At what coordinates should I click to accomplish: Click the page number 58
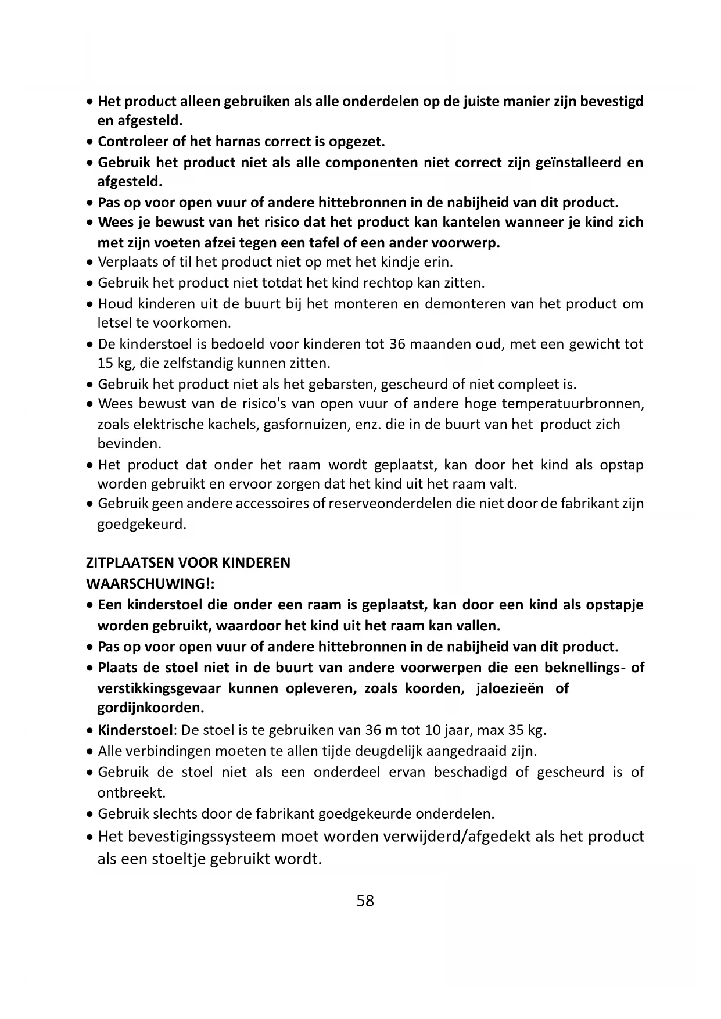pos(365,900)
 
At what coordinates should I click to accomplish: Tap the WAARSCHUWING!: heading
pos(150,583)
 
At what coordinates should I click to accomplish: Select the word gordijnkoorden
pos(150,708)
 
